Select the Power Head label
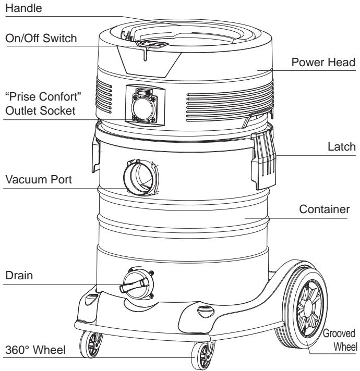click(x=324, y=62)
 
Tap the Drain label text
click(x=18, y=276)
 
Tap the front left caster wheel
click(x=90, y=343)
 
